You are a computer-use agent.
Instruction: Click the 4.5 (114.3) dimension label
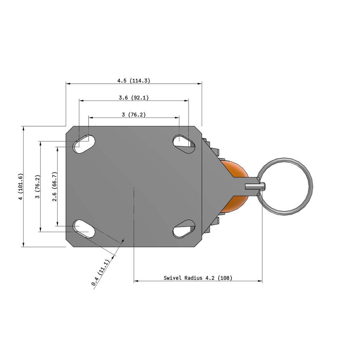pyautogui.click(x=134, y=81)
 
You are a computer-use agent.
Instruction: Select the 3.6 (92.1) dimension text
pyautogui.click(x=134, y=98)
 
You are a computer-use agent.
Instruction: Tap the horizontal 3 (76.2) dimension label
pyautogui.click(x=134, y=115)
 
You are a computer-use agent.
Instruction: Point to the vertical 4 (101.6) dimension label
pyautogui.click(x=21, y=186)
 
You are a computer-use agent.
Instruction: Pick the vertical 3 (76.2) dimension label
pyautogui.click(x=38, y=186)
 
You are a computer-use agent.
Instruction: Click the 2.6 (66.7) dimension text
pyautogui.click(x=54, y=186)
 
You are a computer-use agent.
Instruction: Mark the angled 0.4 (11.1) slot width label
pyautogui.click(x=100, y=272)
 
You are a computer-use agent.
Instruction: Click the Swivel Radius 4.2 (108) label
pyautogui.click(x=198, y=278)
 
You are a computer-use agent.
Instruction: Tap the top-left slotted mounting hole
pyautogui.click(x=84, y=144)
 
